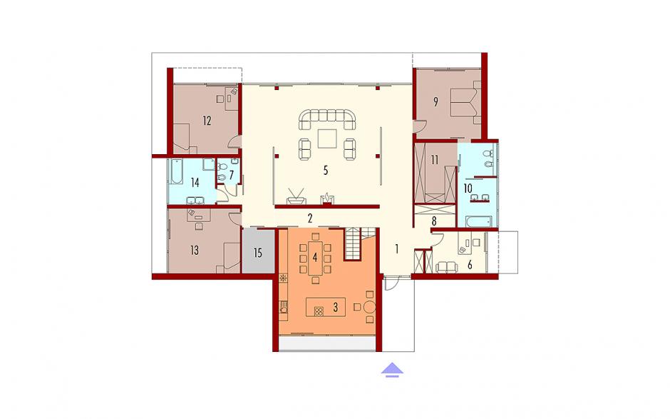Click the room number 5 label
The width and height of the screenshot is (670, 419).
pyautogui.click(x=326, y=171)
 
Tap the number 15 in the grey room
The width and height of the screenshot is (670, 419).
pyautogui.click(x=257, y=253)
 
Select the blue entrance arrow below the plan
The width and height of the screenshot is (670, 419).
pyautogui.click(x=392, y=370)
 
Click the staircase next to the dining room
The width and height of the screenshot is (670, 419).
pyautogui.click(x=354, y=244)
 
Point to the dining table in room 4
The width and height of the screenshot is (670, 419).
pyautogui.click(x=315, y=258)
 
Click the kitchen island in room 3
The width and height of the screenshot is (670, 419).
pyautogui.click(x=326, y=308)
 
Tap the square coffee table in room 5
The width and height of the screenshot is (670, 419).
pyautogui.click(x=327, y=138)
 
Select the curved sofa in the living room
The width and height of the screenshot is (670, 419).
pyautogui.click(x=327, y=119)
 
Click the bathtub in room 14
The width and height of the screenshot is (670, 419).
pyautogui.click(x=176, y=171)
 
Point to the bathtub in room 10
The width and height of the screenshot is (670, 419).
pyautogui.click(x=478, y=222)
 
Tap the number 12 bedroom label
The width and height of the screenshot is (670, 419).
pyautogui.click(x=207, y=121)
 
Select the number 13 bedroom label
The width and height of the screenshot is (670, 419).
pyautogui.click(x=195, y=250)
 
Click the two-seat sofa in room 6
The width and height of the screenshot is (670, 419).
pyautogui.click(x=446, y=268)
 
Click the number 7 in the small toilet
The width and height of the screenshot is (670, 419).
pyautogui.click(x=231, y=175)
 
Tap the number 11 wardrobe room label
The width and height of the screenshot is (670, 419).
pyautogui.click(x=435, y=160)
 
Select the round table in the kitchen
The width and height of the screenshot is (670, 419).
pyautogui.click(x=369, y=307)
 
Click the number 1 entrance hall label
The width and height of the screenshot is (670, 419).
pyautogui.click(x=396, y=248)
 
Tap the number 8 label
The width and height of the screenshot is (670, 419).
pyautogui.click(x=434, y=222)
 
